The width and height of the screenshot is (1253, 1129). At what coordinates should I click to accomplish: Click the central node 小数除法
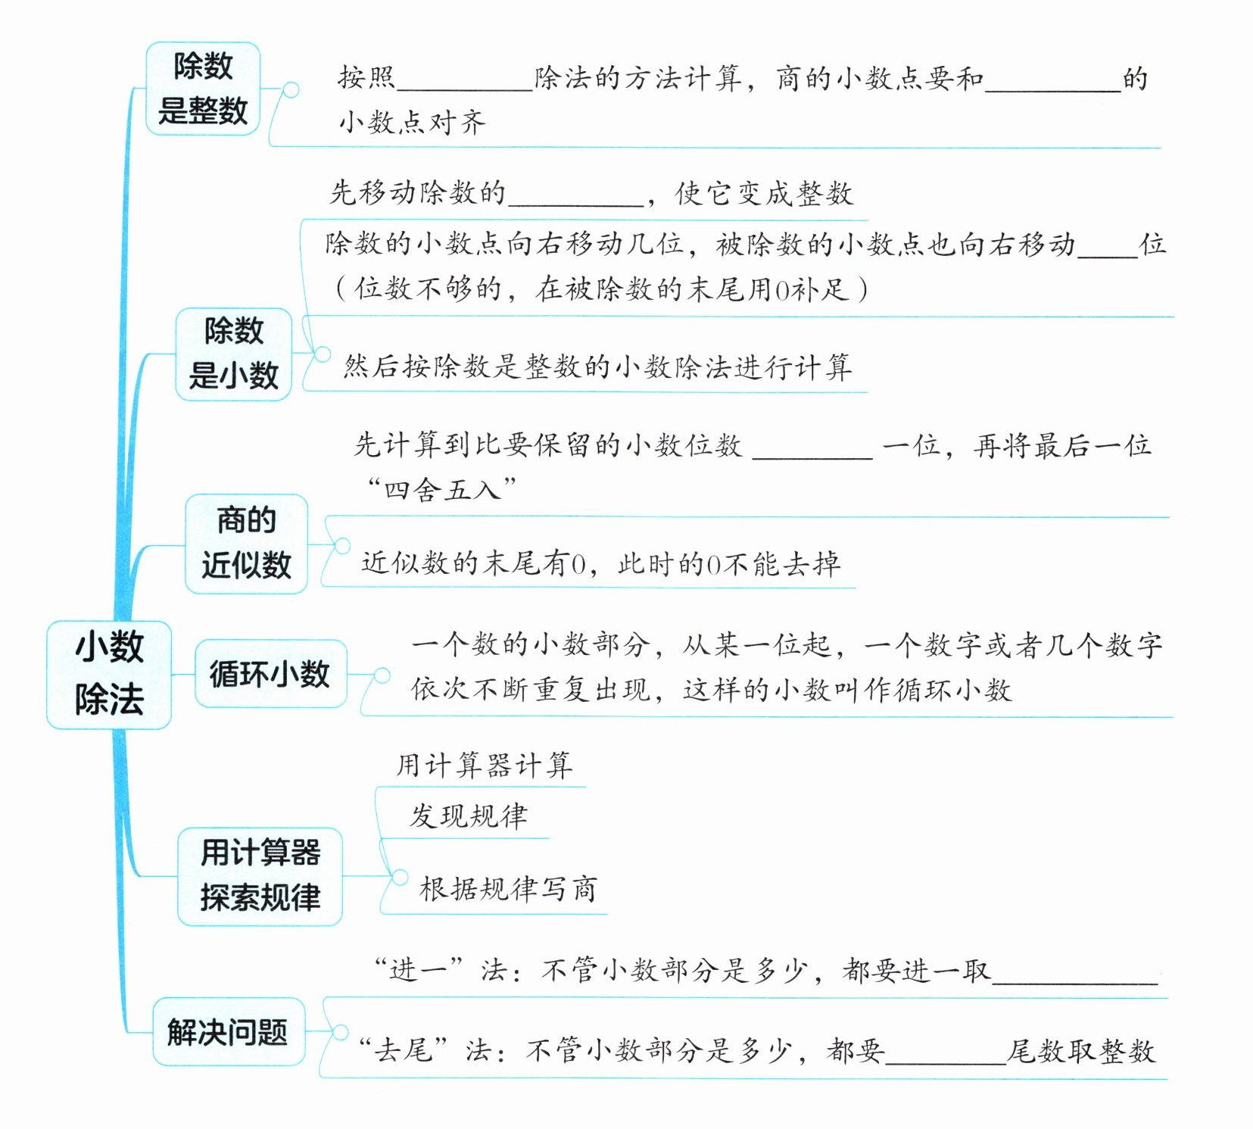click(x=109, y=674)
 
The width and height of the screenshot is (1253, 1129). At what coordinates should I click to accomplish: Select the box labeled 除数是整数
click(x=202, y=89)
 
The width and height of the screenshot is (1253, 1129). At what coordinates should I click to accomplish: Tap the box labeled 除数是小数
click(x=233, y=354)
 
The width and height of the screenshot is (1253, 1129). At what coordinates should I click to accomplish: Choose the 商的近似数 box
click(x=246, y=543)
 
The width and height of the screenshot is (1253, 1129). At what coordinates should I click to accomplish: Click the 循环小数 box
click(x=270, y=673)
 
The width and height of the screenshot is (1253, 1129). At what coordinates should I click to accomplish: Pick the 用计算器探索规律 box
click(x=260, y=876)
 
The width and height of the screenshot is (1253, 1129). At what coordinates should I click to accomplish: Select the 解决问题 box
click(x=228, y=1031)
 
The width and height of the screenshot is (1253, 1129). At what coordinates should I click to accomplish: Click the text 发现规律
click(x=469, y=816)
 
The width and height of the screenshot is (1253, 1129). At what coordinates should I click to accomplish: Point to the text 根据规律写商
click(x=508, y=888)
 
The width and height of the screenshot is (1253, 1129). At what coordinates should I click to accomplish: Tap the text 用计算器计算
click(x=484, y=765)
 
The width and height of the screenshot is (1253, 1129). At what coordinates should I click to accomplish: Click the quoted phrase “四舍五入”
click(x=441, y=489)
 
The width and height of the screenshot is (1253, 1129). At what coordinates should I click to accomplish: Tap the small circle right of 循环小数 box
click(x=382, y=675)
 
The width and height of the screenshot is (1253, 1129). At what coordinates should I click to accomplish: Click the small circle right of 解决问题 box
click(x=340, y=1032)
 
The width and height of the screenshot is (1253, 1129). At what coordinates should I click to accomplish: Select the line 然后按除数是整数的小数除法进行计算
click(x=597, y=367)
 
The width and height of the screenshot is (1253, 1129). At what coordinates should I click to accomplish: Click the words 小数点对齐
click(x=413, y=122)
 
